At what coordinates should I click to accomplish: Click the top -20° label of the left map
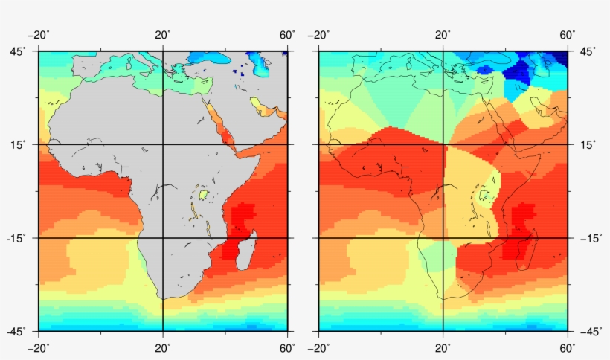pos(39,35)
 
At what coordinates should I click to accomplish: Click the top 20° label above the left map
pos(163,35)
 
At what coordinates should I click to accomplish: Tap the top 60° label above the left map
pos(286,35)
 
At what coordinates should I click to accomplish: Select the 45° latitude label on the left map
pos(19,51)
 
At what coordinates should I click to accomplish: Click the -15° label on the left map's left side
pos(16,238)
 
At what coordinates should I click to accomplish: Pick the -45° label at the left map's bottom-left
pos(16,331)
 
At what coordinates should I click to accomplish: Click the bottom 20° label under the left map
pos(163,348)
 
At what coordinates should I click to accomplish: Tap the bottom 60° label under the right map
pos(568,348)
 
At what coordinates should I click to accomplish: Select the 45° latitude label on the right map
pos(588,51)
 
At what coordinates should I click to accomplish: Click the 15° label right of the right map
pos(588,144)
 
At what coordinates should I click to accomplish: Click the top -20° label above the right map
pos(318,35)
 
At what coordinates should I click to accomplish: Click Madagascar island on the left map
pos(247,251)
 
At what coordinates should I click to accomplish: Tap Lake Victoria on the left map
pos(202,193)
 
